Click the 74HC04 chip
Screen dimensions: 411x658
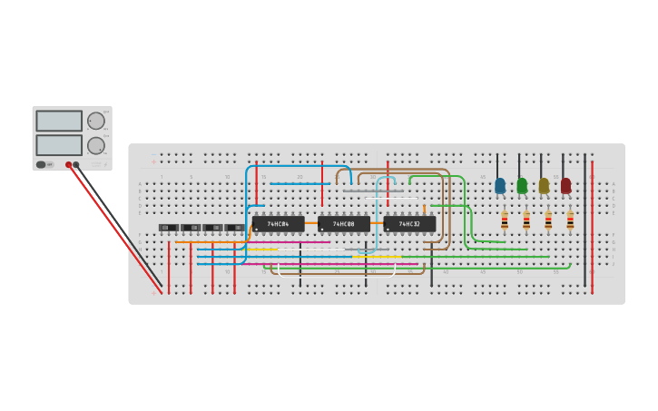tap(278, 224)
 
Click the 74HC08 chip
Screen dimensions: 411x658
tap(343, 224)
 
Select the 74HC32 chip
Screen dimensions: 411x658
tap(409, 224)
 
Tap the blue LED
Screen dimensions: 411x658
tap(500, 185)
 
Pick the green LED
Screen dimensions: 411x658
tap(522, 185)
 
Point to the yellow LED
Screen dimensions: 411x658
tap(544, 185)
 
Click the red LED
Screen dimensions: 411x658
tap(565, 185)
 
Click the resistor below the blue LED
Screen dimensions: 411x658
tap(505, 220)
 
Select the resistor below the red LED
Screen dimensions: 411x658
tap(570, 220)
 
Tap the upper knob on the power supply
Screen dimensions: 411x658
tap(95, 121)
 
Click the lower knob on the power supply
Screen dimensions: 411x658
tap(95, 145)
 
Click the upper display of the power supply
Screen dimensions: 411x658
tap(59, 121)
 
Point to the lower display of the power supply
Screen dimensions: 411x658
tap(59, 145)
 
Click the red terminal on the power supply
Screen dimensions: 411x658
tap(68, 165)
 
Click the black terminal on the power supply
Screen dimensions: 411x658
tap(76, 165)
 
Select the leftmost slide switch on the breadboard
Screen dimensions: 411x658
tap(169, 228)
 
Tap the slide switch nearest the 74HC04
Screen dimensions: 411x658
tap(235, 228)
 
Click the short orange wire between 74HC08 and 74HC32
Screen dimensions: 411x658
tap(376, 223)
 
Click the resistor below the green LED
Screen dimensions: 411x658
tap(526, 220)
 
